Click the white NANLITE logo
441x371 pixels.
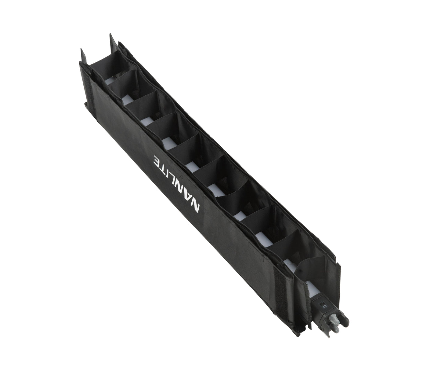pos(177,185)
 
